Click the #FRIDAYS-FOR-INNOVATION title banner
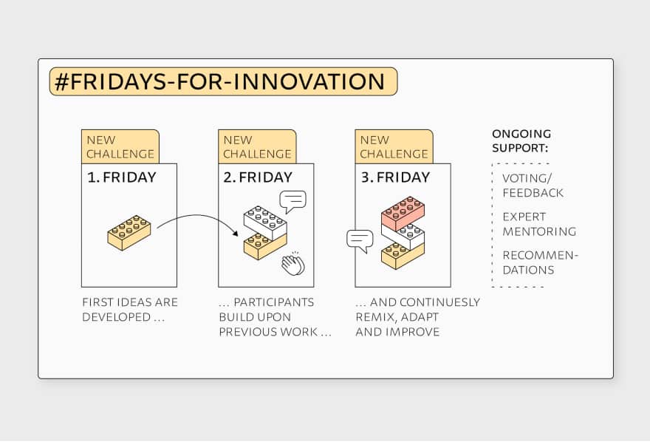(x=223, y=82)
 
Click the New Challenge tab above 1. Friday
(x=120, y=147)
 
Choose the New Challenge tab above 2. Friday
(x=257, y=147)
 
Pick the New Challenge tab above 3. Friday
(x=394, y=147)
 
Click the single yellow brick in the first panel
(x=129, y=232)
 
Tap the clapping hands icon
(x=292, y=263)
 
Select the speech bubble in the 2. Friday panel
(x=292, y=200)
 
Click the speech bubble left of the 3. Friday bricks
(x=360, y=240)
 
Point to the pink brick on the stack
(x=403, y=214)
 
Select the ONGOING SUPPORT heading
(x=521, y=140)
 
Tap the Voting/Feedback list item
(x=533, y=186)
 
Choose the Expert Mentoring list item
(x=538, y=224)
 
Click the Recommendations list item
(x=540, y=262)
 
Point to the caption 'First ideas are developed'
(x=129, y=310)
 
